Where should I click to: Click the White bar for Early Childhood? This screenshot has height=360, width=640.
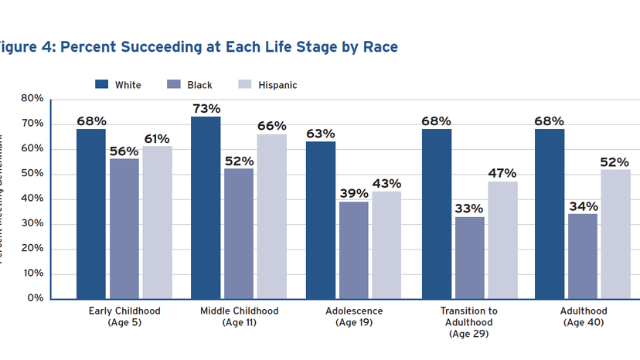(x=91, y=213)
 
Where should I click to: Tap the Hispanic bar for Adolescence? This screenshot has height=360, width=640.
(x=386, y=244)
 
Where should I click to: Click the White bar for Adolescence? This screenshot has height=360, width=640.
(x=321, y=219)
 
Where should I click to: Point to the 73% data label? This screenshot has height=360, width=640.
(x=206, y=109)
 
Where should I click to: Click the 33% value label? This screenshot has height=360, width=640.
(x=469, y=209)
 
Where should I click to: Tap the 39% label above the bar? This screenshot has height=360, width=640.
(x=353, y=193)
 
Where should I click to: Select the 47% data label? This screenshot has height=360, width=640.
(x=502, y=173)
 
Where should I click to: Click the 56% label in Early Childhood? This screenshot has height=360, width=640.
(x=124, y=151)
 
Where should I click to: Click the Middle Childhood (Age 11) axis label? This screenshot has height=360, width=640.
(x=239, y=317)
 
